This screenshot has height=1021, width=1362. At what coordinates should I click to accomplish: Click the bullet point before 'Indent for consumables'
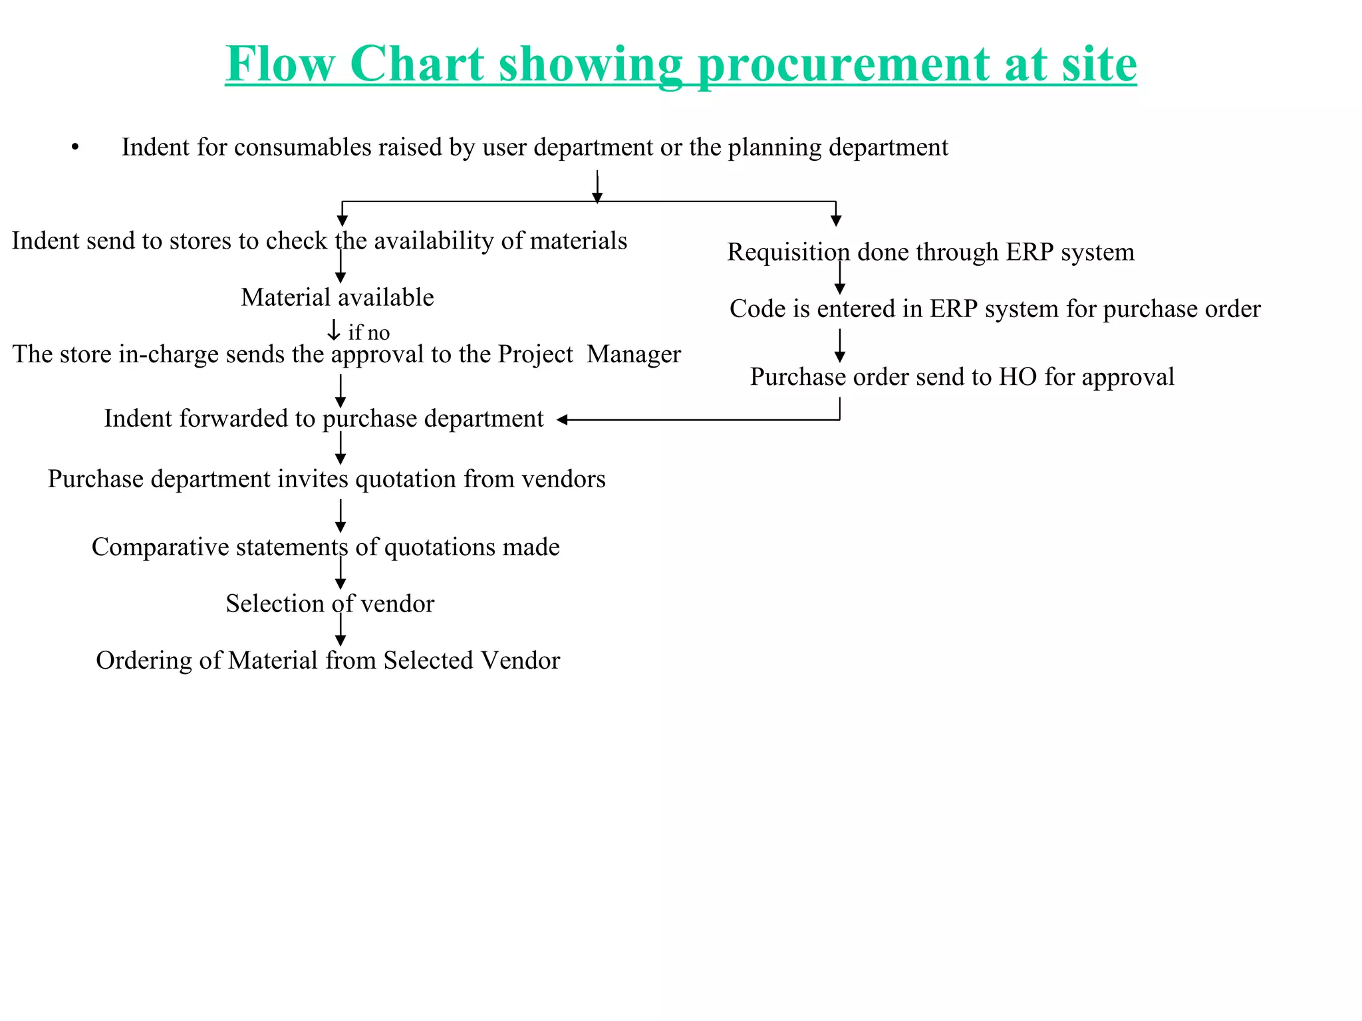tap(75, 148)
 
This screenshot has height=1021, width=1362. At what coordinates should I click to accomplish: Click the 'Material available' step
tap(337, 297)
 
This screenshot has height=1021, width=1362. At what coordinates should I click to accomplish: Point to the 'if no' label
tap(369, 332)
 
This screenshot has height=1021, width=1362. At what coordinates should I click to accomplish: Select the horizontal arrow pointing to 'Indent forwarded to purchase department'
tap(698, 419)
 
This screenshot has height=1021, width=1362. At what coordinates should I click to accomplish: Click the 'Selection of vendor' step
tap(330, 604)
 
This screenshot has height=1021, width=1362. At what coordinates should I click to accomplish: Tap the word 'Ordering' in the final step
tap(144, 661)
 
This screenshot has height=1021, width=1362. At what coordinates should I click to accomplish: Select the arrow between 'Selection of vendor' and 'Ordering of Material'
tap(340, 629)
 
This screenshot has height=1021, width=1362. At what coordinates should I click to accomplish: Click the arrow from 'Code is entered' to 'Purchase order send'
tap(840, 345)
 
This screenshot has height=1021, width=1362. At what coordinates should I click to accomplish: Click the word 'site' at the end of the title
tap(1099, 64)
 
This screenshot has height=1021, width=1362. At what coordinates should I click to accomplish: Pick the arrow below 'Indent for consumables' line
tap(597, 186)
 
